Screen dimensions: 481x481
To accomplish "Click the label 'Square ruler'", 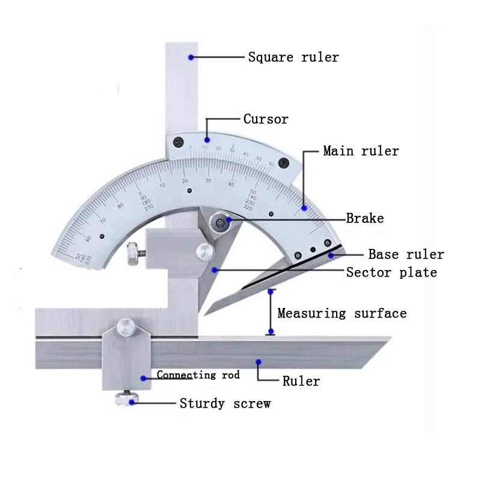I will [x=293, y=58].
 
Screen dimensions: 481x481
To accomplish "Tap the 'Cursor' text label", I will [x=265, y=119].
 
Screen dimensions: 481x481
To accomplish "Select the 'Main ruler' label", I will [x=361, y=150].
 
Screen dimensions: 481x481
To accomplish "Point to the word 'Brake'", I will [x=364, y=218].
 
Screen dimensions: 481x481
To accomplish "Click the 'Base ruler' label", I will [x=406, y=254].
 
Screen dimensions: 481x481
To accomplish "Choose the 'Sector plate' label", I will [x=391, y=272].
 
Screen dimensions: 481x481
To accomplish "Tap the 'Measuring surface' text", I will [x=342, y=313].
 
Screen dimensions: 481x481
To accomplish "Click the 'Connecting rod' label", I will [x=198, y=375].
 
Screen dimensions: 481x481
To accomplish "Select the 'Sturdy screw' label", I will [x=225, y=403].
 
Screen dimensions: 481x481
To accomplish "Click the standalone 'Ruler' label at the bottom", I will [x=301, y=381].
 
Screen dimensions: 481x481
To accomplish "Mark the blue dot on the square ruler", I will [x=191, y=58].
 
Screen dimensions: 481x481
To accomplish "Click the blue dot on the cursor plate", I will [x=207, y=139].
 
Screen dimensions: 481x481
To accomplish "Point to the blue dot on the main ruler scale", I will [x=304, y=208].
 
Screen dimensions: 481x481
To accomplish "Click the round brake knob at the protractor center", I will [x=219, y=224].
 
